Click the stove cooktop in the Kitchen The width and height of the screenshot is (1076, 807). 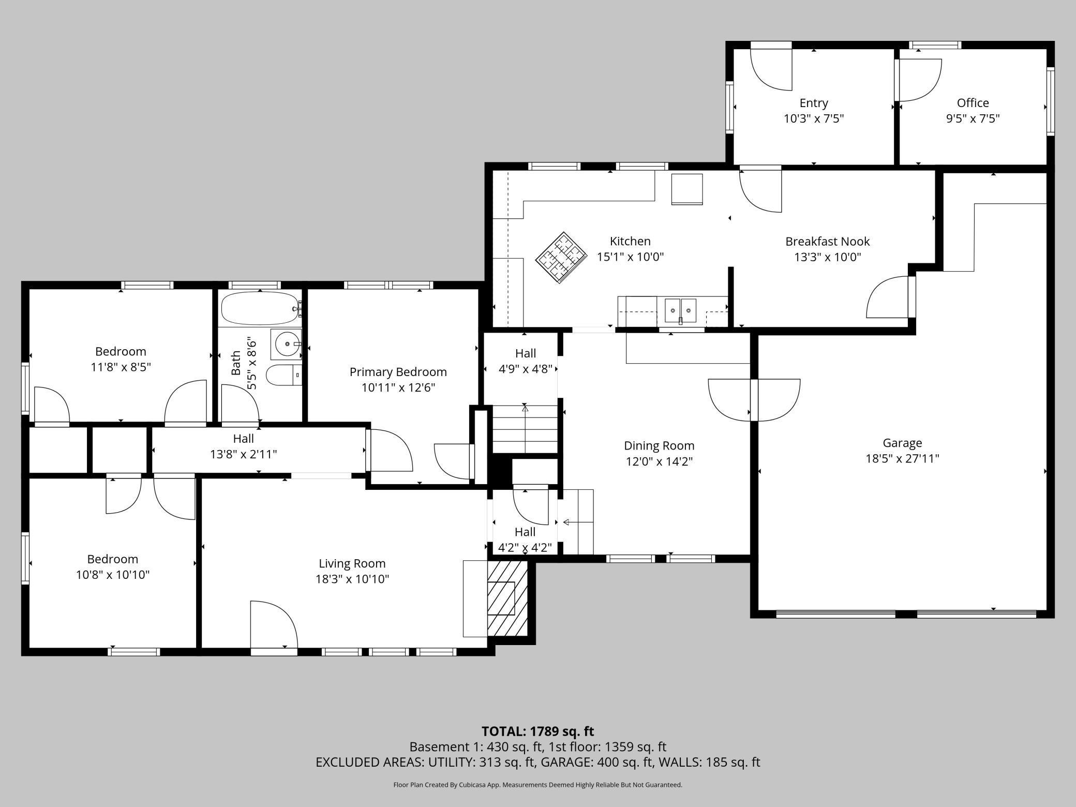[561, 257]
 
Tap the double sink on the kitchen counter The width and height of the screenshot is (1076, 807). [681, 310]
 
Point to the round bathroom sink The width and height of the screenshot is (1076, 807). [286, 343]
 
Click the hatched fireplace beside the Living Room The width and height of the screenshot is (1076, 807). [507, 599]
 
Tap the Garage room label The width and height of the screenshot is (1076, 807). [902, 443]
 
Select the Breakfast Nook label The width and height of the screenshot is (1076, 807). [828, 241]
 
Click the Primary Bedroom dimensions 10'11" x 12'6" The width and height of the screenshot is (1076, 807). [398, 387]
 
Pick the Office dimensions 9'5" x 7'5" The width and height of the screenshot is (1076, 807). [973, 118]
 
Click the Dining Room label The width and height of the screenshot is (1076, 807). [659, 445]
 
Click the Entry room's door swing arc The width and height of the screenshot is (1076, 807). [771, 69]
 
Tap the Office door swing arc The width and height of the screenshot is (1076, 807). [920, 80]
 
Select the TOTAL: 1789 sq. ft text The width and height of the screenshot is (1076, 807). [538, 731]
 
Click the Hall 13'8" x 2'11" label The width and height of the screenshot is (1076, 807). [244, 446]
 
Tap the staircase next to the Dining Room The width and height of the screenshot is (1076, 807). [525, 429]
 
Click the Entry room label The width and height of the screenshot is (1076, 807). [814, 103]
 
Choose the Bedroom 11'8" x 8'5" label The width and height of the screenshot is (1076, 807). [121, 360]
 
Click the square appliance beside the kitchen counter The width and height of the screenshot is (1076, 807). [687, 189]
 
